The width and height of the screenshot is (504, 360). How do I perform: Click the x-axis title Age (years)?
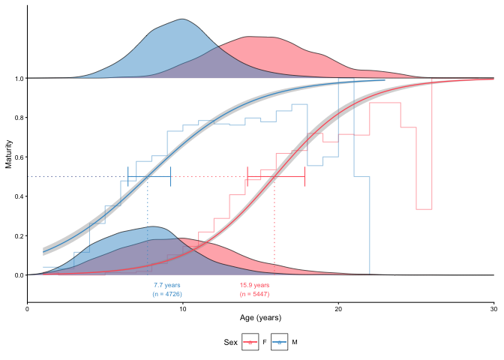click(x=260, y=318)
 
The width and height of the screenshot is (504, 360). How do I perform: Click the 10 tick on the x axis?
click(x=183, y=307)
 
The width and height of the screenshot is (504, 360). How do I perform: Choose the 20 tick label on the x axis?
click(x=338, y=307)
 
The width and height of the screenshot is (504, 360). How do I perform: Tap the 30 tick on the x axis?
click(x=493, y=307)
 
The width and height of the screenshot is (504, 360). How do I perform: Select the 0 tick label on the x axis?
click(x=28, y=307)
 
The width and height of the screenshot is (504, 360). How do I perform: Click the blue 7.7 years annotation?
click(x=166, y=285)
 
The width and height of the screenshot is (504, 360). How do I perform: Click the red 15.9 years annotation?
click(x=254, y=285)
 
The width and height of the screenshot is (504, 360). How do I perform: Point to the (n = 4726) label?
click(x=166, y=294)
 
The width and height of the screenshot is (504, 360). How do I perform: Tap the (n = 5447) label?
click(x=254, y=294)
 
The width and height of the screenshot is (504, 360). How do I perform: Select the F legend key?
click(x=250, y=342)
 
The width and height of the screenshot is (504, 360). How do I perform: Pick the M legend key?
click(x=280, y=342)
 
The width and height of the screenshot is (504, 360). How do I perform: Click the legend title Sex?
click(x=231, y=342)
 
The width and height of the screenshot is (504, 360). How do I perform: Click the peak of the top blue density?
click(x=181, y=19)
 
